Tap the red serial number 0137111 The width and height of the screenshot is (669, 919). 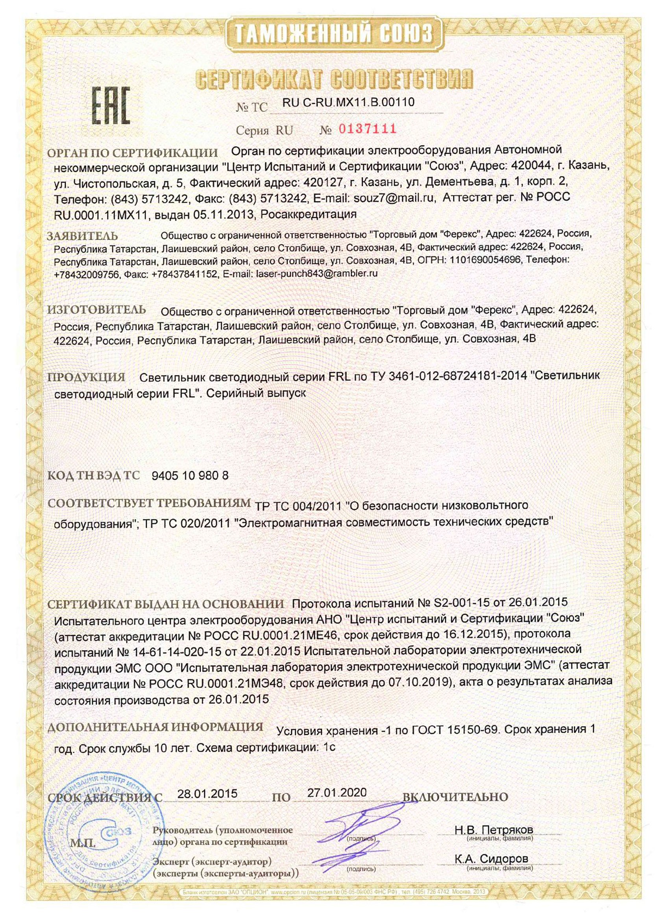(367, 129)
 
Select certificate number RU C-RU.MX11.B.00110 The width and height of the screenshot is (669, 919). (348, 103)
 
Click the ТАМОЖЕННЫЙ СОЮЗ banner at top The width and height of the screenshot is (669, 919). (334, 33)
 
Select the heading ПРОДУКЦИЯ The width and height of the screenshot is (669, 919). (86, 377)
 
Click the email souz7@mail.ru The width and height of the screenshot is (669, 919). (394, 198)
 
